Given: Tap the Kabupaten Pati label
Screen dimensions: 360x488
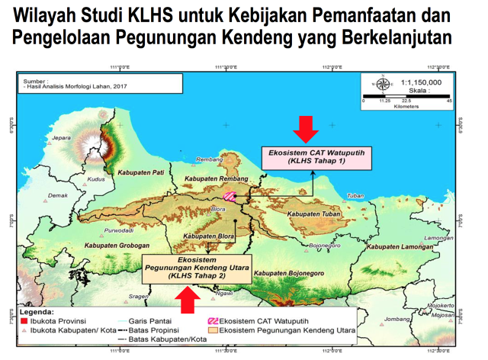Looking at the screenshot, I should [143, 173].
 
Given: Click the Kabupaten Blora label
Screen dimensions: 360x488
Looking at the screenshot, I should [207, 236].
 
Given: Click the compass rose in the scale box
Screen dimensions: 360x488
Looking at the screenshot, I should [384, 83].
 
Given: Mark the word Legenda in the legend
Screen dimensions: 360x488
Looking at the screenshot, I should [36, 312].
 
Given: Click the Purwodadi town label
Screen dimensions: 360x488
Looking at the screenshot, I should [97, 230].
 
